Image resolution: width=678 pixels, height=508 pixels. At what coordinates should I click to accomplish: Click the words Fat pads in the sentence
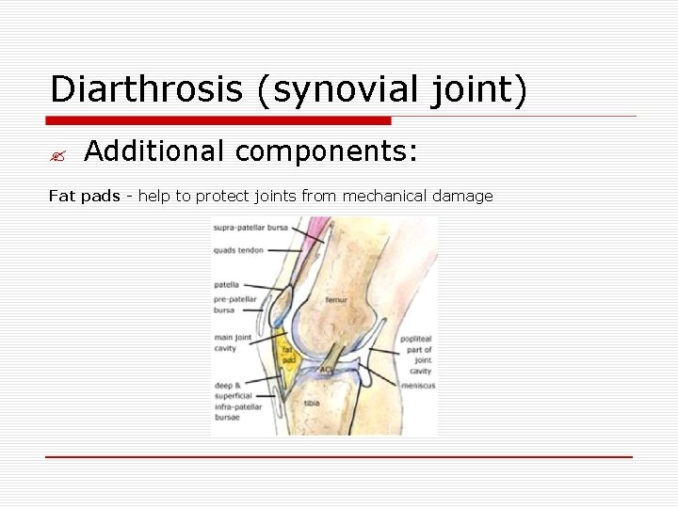84,197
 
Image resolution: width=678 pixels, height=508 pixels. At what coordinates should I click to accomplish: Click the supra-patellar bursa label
250,228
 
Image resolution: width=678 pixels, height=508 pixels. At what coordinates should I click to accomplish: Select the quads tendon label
238,250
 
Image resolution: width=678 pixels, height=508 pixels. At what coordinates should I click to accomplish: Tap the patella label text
226,284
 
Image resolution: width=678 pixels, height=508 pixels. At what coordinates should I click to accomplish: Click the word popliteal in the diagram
416,338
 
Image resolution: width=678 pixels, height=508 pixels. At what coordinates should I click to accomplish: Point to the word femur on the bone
336,300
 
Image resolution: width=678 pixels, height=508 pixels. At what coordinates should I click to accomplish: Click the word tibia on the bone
312,404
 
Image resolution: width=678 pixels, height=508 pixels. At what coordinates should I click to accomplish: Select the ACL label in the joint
326,370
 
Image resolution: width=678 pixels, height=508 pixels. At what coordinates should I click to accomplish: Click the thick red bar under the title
218,120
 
